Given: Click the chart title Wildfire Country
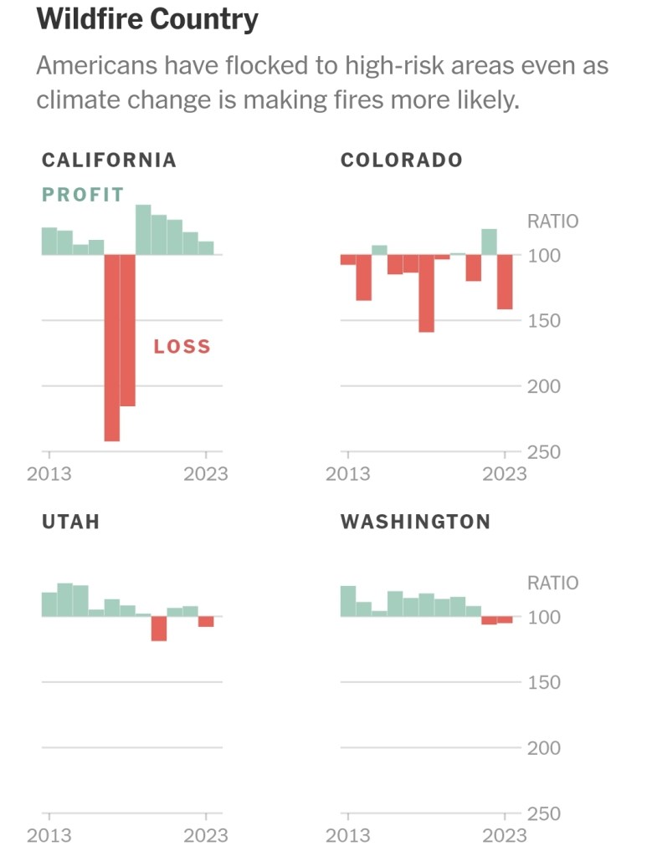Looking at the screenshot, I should tap(147, 19).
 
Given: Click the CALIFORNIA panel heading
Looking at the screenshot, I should tap(109, 160).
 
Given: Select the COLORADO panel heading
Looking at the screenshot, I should tap(401, 160).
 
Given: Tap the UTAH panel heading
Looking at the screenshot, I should tap(70, 522).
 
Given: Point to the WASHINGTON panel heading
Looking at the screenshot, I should tap(415, 522).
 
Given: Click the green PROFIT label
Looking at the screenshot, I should tap(83, 195).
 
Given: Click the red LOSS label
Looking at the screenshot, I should tap(182, 346).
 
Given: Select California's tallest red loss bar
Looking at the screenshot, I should tap(111, 347).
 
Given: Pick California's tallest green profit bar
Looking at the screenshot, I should tap(143, 230).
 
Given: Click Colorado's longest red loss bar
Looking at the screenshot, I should tap(426, 293).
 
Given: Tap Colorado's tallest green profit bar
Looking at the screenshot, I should tap(489, 242).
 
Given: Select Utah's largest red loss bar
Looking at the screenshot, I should tap(159, 629).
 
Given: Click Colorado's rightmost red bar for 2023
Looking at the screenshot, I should tap(505, 282).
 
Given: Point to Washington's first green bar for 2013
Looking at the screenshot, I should tap(348, 601).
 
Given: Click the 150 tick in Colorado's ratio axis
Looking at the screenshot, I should tap(544, 320).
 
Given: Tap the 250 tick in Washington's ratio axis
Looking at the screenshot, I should tap(544, 813).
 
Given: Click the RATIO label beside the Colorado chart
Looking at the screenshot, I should tap(552, 222).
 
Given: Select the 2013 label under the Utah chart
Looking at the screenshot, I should tap(49, 835).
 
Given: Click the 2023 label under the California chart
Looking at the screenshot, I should tap(205, 474).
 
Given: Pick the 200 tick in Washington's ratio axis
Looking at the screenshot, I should tap(544, 748).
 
